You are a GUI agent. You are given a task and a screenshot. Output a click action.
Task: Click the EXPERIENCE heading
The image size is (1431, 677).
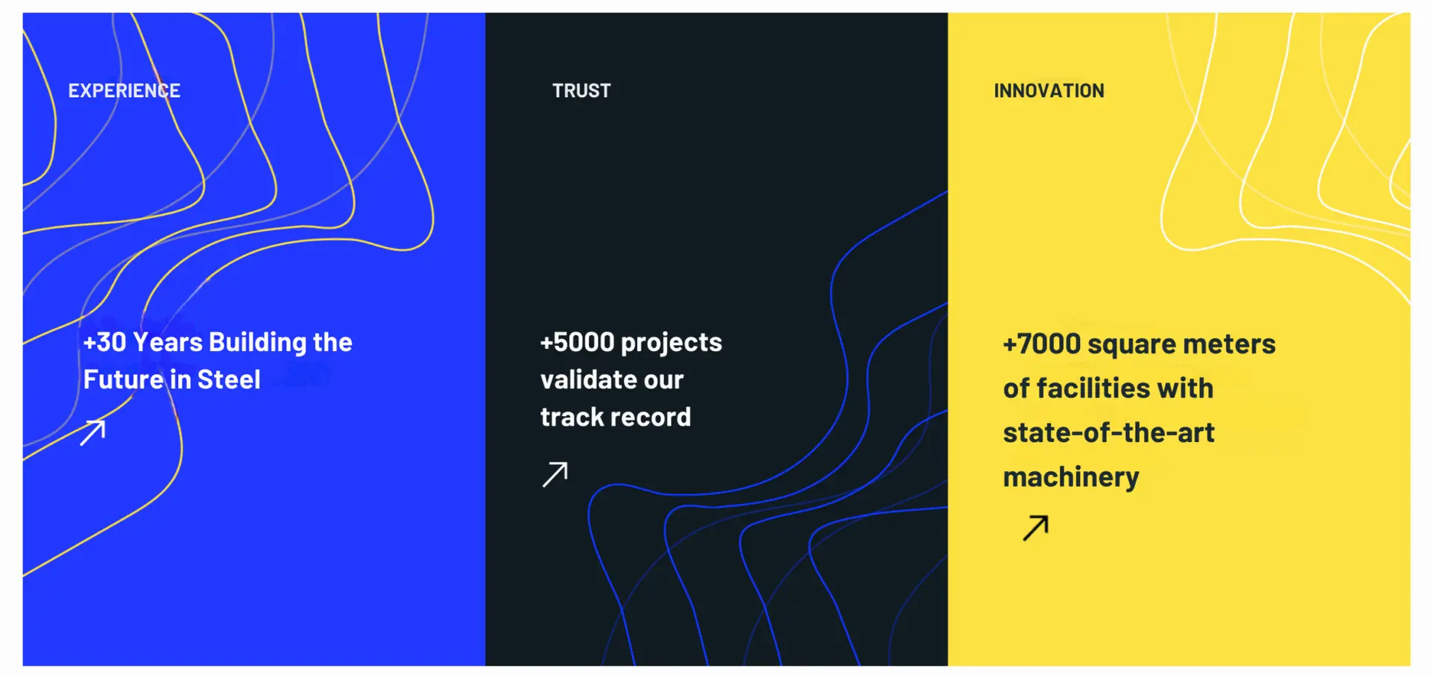124,91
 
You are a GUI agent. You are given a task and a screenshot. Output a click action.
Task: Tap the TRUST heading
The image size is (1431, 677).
581,91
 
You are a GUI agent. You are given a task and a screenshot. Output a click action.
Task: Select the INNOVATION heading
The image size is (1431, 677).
1049,91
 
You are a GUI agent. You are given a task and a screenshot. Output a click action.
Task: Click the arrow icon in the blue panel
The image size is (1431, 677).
92,432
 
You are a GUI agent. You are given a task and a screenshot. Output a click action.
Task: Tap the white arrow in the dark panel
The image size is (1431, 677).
555,474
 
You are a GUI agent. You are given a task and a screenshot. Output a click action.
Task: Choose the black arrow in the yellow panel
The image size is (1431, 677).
1036,527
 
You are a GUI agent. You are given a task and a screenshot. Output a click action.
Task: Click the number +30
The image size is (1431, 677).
105,342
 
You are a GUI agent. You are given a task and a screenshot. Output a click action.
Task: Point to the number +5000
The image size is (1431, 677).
578,342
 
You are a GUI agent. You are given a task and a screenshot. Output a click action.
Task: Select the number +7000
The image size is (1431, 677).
1042,344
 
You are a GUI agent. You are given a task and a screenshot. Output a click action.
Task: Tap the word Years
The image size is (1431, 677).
168,342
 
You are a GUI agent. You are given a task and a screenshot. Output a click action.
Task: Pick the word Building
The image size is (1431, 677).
258,343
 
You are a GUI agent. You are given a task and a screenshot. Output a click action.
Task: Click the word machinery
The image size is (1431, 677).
1071,478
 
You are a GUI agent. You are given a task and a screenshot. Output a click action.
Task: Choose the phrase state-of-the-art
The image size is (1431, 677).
1109,432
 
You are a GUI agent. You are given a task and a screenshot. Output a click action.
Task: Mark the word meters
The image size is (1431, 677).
1229,344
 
